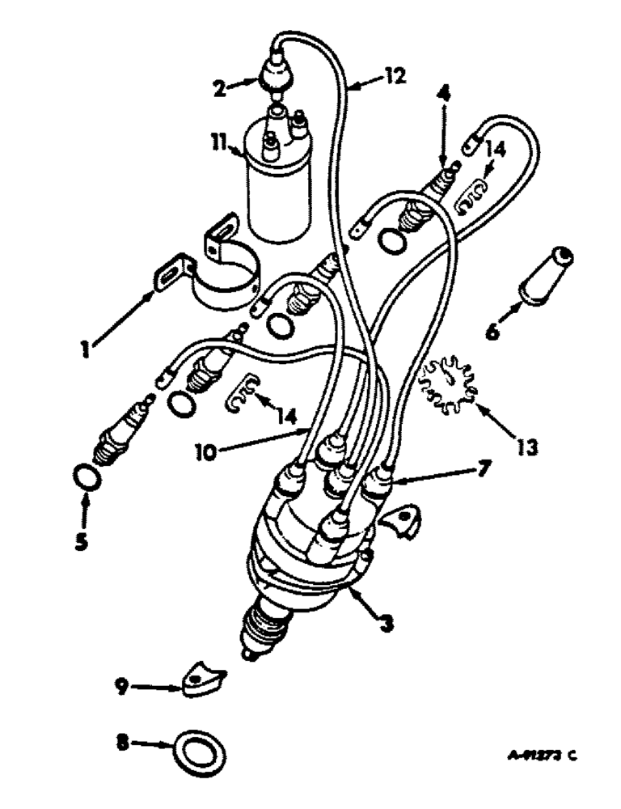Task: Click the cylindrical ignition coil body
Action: [x=278, y=190]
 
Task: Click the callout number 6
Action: [x=496, y=331]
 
